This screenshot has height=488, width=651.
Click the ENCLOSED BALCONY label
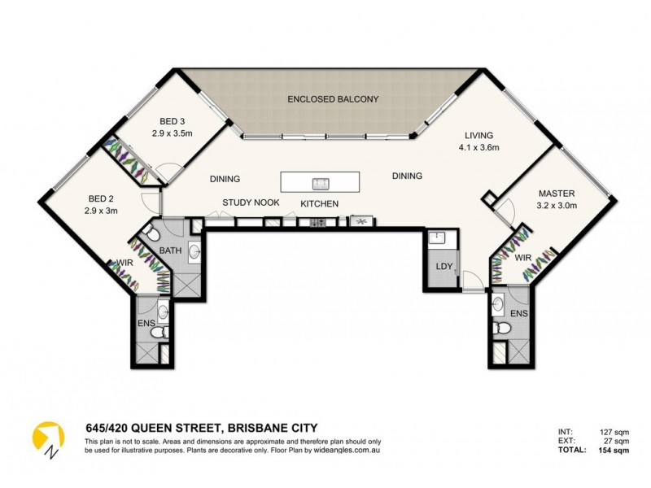tap(333, 99)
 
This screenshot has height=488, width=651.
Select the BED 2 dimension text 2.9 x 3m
tap(101, 211)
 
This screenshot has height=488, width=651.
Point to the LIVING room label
tap(479, 136)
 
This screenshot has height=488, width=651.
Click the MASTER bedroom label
tap(557, 194)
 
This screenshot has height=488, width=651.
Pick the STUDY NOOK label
tap(251, 203)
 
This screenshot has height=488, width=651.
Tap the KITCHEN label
tap(319, 203)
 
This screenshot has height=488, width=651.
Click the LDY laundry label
tap(443, 268)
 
